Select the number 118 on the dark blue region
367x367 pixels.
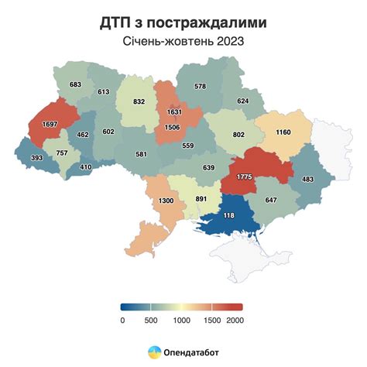click(228, 215)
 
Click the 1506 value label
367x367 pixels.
click(174, 129)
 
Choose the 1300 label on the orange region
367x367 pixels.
click(165, 201)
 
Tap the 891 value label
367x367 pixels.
click(202, 198)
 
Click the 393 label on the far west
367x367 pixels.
click(35, 157)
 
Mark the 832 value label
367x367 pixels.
click(139, 101)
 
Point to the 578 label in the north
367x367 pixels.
click(200, 86)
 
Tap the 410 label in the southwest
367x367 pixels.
click(86, 166)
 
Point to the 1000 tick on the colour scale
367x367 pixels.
click(181, 320)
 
